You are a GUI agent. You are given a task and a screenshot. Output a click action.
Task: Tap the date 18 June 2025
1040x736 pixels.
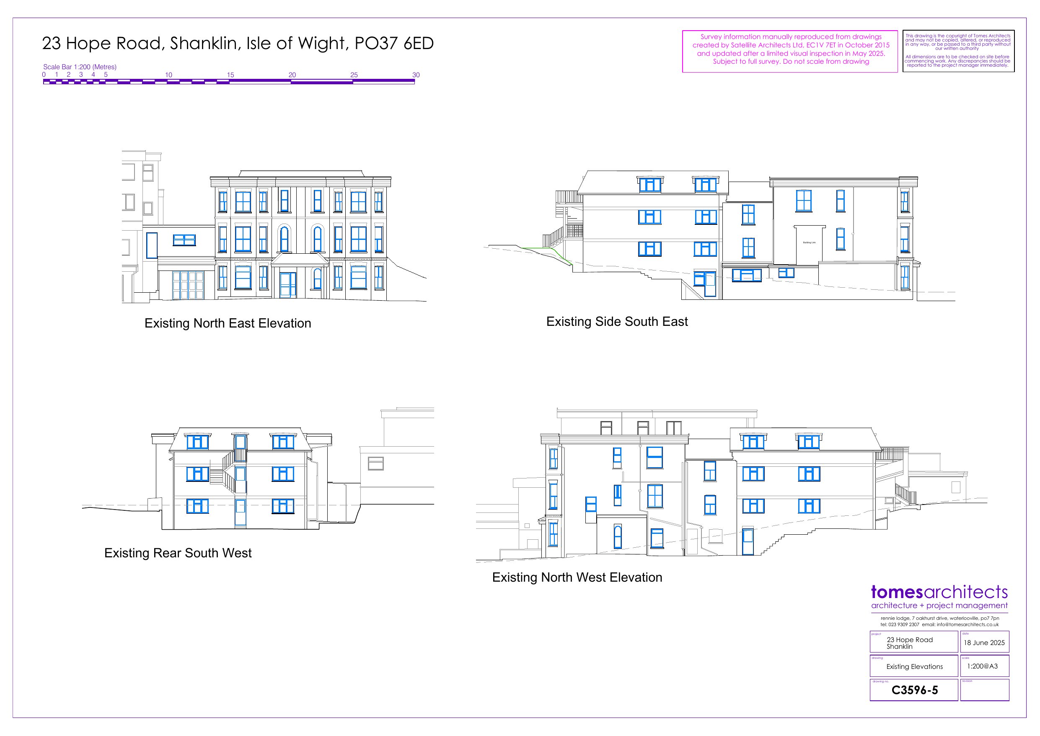point(984,642)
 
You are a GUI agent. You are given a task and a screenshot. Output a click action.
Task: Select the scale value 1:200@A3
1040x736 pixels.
point(982,666)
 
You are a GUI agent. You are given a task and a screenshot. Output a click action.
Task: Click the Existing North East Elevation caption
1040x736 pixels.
point(228,323)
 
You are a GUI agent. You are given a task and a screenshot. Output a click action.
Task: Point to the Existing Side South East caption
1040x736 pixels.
point(616,322)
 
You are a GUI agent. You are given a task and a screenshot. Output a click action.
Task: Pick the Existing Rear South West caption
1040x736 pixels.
point(178,553)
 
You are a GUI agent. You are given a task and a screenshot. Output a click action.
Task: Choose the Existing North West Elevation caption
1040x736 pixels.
point(577,577)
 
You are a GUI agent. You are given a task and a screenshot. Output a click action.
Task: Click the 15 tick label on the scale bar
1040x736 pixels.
point(230,75)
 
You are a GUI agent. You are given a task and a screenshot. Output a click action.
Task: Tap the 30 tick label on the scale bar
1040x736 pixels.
point(415,75)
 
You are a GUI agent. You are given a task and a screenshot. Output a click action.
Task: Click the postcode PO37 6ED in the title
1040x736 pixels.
point(393,44)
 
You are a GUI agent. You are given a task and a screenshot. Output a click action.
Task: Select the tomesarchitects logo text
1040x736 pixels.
point(939,592)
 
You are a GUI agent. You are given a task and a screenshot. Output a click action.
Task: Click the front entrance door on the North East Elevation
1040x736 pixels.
point(287,285)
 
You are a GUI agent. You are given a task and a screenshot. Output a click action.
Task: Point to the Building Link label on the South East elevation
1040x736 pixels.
point(809,243)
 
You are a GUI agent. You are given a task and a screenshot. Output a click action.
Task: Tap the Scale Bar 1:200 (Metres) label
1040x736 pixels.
point(80,67)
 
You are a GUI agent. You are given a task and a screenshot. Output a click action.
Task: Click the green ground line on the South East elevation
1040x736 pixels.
point(541,248)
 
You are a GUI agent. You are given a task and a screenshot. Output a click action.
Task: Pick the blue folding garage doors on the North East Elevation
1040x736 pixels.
point(188,285)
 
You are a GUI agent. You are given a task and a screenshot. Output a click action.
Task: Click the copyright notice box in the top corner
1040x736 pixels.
point(958,50)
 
